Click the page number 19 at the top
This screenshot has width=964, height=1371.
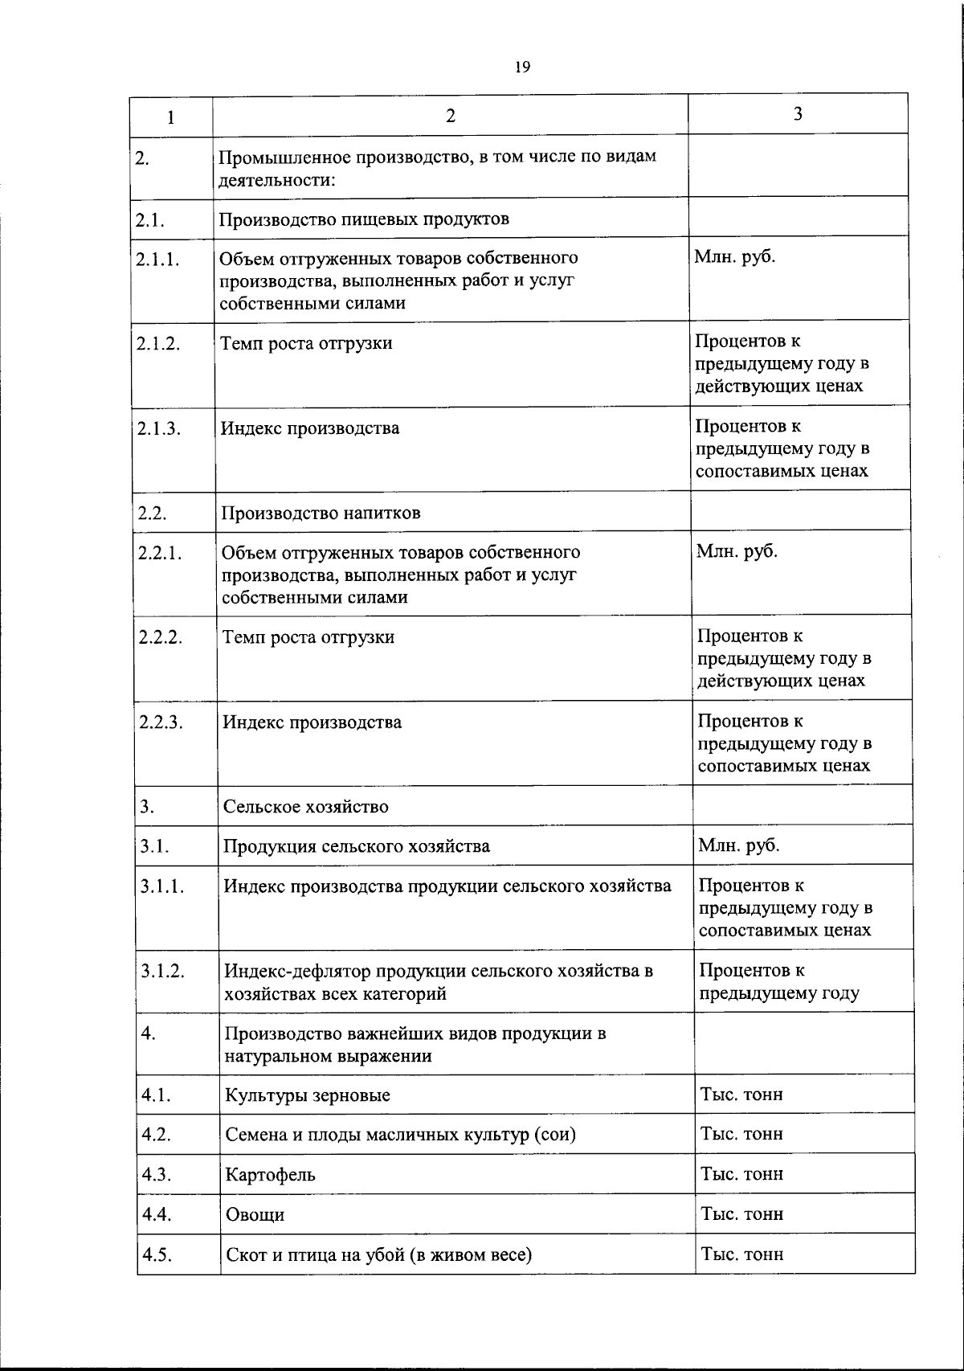(522, 68)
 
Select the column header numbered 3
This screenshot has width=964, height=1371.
(798, 114)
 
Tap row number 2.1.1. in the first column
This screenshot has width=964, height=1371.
(157, 259)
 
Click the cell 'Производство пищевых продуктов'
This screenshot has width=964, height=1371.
(365, 219)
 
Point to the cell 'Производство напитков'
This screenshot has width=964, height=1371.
(321, 513)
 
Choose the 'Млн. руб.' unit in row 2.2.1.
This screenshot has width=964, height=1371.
(737, 551)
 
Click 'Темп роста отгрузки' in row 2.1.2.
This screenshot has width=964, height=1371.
(307, 343)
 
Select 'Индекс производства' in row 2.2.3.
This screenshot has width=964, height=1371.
(312, 722)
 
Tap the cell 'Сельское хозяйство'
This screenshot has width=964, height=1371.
(305, 806)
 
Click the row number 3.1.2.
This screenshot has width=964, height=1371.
(163, 971)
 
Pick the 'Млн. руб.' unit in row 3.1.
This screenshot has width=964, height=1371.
(739, 845)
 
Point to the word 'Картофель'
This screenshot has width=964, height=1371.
(270, 1174)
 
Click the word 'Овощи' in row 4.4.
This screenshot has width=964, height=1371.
(255, 1214)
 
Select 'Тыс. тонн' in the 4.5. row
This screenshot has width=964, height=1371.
(741, 1254)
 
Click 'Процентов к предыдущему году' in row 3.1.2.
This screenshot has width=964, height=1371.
(778, 981)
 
